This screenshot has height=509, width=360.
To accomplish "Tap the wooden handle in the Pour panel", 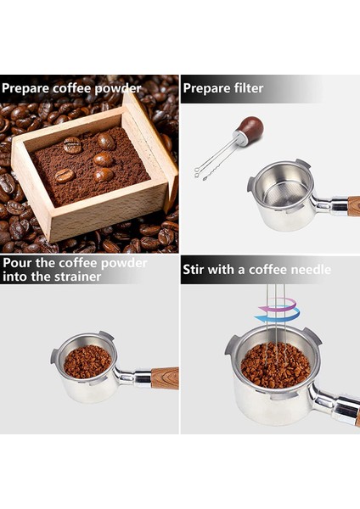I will (x=164, y=378).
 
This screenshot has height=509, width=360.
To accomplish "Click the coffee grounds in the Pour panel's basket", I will (x=87, y=361).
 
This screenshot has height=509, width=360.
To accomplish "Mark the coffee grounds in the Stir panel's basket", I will (x=273, y=365).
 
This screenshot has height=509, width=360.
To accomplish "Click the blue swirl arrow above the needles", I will (x=271, y=316).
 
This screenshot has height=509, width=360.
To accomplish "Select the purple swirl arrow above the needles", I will (x=285, y=303).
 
